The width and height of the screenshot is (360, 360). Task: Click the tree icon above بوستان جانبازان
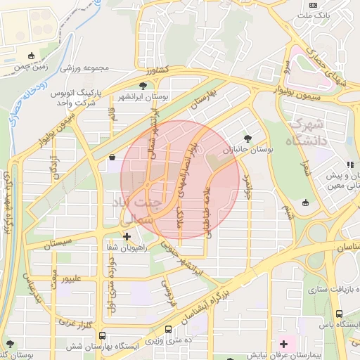[247, 139]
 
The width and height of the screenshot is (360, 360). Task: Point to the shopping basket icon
[112, 158]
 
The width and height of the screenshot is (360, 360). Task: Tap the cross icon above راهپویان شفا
[127, 236]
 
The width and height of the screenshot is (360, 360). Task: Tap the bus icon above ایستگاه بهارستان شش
[103, 335]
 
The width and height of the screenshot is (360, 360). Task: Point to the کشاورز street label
[157, 71]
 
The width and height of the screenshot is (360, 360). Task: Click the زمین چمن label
[29, 69]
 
